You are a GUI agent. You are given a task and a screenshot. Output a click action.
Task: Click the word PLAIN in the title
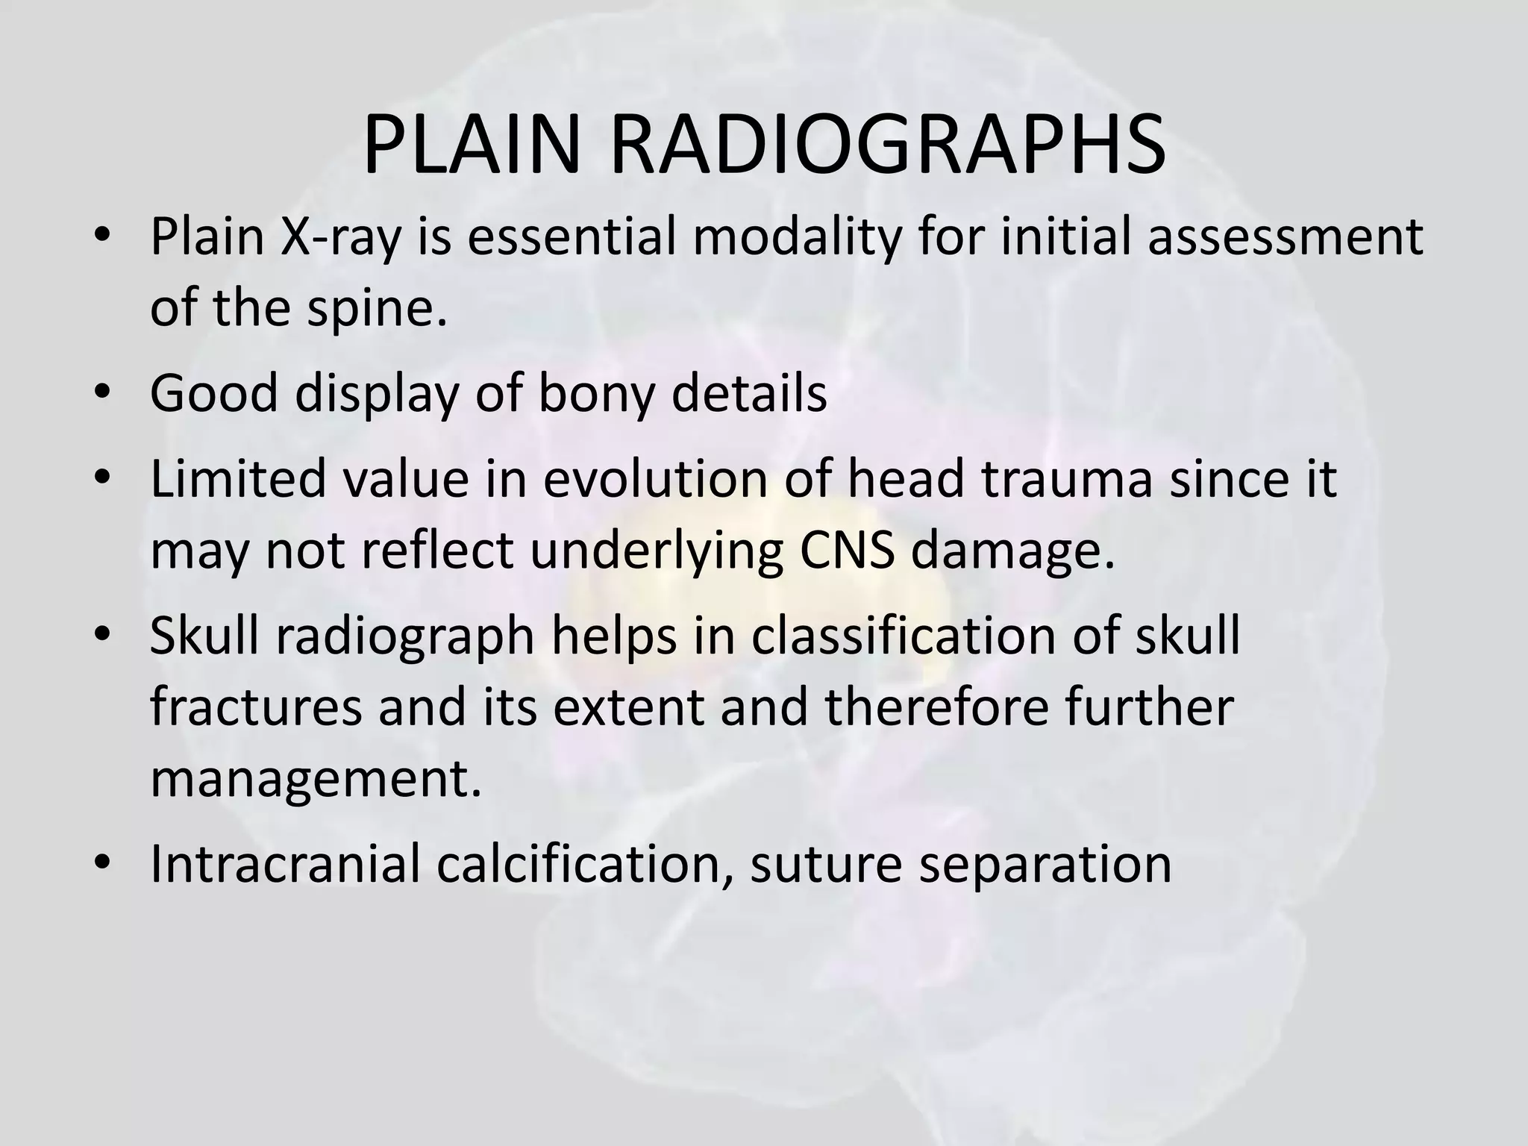point(472,143)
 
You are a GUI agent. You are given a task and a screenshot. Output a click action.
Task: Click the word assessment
point(1285,237)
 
